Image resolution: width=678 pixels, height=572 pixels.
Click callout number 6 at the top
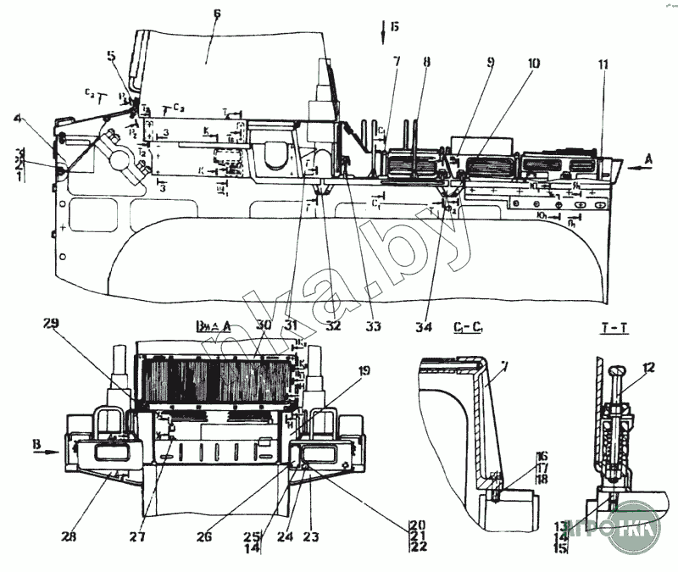pyautogui.click(x=218, y=15)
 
